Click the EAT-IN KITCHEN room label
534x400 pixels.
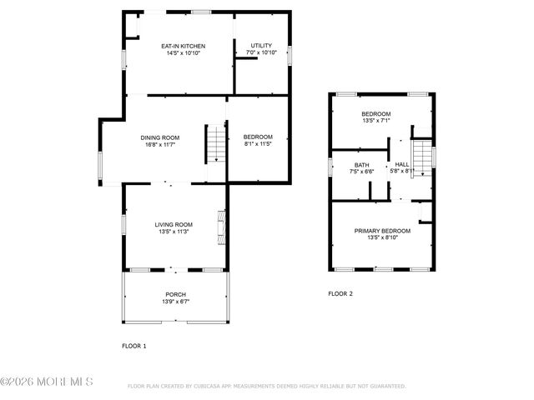pyautogui.click(x=183, y=46)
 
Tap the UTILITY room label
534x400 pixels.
pyautogui.click(x=261, y=45)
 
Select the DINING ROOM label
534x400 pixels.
pyautogui.click(x=159, y=137)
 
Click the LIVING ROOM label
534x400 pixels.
pyautogui.click(x=174, y=224)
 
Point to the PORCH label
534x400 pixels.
pyautogui.click(x=175, y=294)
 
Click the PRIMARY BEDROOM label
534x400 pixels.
pyautogui.click(x=382, y=231)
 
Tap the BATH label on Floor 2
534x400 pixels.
pyautogui.click(x=361, y=165)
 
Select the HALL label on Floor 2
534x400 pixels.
pyautogui.click(x=402, y=165)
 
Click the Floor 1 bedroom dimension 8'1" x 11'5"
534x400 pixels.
pyautogui.click(x=258, y=144)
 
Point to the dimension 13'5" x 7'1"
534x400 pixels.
pyautogui.click(x=375, y=120)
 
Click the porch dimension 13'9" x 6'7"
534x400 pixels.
pyautogui.click(x=175, y=302)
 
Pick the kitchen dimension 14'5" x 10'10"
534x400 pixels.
pyautogui.click(x=183, y=52)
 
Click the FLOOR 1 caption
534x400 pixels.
pyautogui.click(x=133, y=345)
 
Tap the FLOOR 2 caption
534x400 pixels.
pyautogui.click(x=340, y=293)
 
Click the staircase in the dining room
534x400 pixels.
pyautogui.click(x=215, y=142)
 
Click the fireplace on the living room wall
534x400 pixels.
pyautogui.click(x=222, y=226)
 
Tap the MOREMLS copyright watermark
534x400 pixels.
pyautogui.click(x=47, y=382)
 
